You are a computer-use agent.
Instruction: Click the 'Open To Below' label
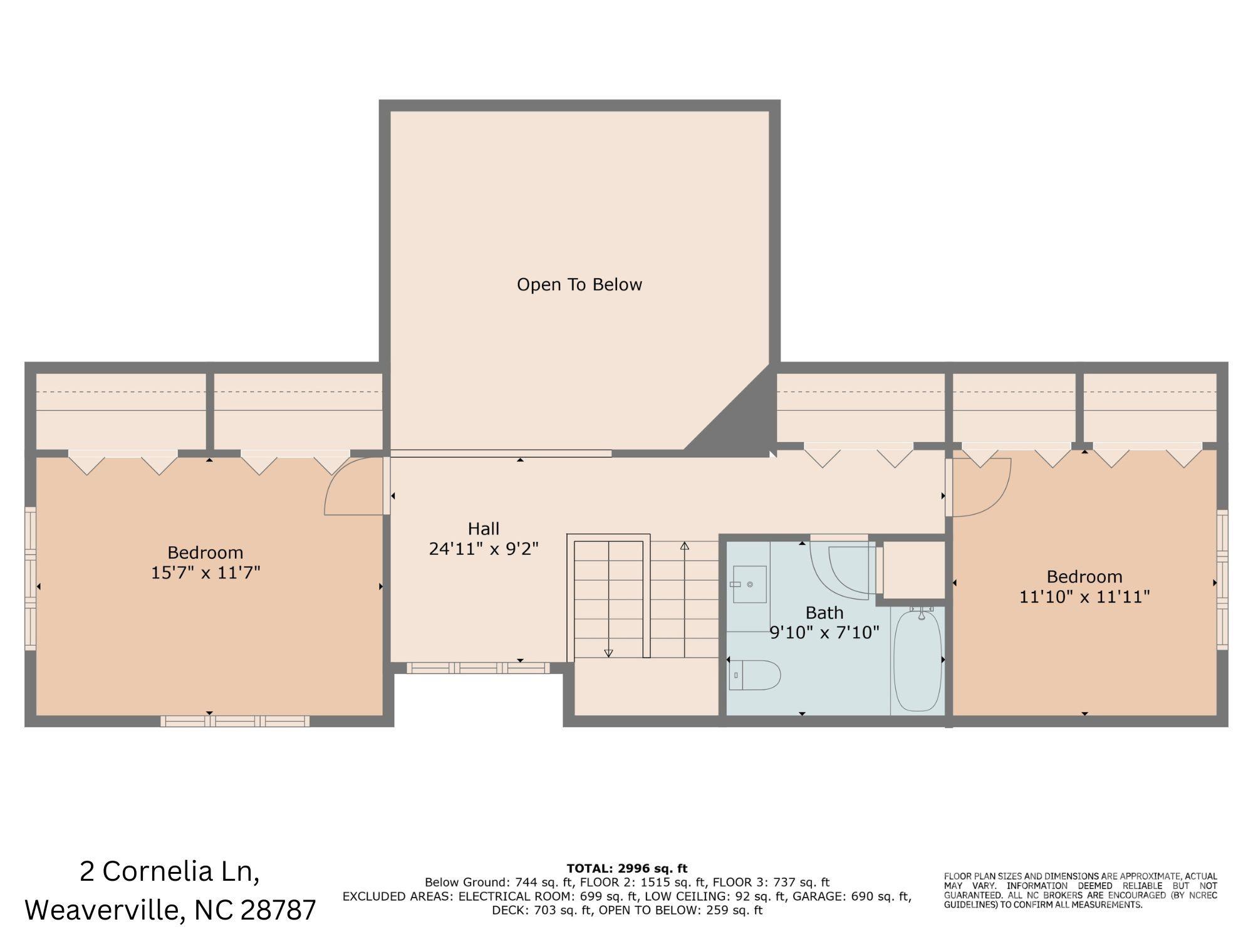pyautogui.click(x=579, y=284)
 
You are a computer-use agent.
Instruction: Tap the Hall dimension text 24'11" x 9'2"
pyautogui.click(x=484, y=549)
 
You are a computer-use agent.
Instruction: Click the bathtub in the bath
pyautogui.click(x=917, y=661)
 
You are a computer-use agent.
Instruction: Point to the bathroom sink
pyautogui.click(x=749, y=584)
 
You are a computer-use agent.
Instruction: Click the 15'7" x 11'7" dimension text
pyautogui.click(x=205, y=573)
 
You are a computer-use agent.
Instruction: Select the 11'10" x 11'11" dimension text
pyautogui.click(x=1084, y=596)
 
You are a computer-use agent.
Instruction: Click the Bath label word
pyautogui.click(x=824, y=613)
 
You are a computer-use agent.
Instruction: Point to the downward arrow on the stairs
pyautogui.click(x=608, y=653)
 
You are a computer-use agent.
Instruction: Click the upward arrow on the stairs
pyautogui.click(x=684, y=546)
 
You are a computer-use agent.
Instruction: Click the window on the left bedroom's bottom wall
pyautogui.click(x=235, y=721)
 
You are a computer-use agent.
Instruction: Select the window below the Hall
pyautogui.click(x=478, y=668)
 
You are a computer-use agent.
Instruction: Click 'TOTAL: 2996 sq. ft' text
pyautogui.click(x=626, y=868)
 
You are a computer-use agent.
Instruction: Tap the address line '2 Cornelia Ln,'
pyautogui.click(x=169, y=871)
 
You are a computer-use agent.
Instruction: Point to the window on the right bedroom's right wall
pyautogui.click(x=1222, y=579)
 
